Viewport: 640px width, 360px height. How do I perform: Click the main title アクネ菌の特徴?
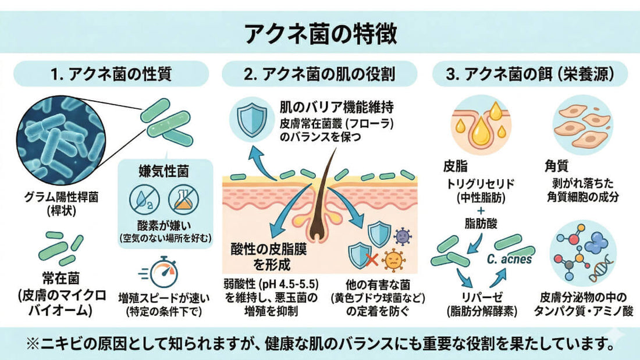tap(321, 34)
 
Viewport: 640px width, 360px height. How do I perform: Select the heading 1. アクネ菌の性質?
tap(111, 74)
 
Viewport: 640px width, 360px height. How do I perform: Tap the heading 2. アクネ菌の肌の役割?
tap(319, 74)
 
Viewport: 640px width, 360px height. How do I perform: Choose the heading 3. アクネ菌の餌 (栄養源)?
tap(530, 74)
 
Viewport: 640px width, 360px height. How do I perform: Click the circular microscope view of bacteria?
tap(62, 140)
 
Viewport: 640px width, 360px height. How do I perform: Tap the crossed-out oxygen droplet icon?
tap(144, 199)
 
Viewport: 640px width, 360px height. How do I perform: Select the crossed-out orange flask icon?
tap(184, 199)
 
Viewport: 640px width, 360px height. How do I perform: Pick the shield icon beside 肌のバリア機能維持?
tap(252, 119)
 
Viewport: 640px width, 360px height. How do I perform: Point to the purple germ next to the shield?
tap(403, 235)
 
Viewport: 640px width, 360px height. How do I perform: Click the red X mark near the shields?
tap(371, 259)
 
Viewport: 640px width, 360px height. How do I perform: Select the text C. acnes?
tap(510, 259)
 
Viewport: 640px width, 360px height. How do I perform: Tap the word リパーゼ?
tap(482, 297)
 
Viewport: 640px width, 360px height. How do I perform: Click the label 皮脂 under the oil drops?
tap(455, 166)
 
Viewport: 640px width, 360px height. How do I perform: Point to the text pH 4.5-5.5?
tap(290, 284)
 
